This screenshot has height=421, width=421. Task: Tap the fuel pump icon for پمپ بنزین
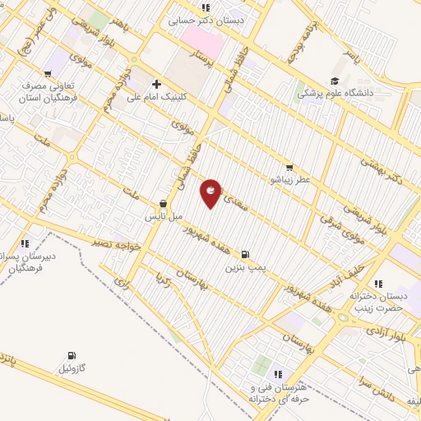(x=246, y=254)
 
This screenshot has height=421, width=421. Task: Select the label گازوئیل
(x=71, y=368)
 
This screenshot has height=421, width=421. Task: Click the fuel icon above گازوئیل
(x=71, y=355)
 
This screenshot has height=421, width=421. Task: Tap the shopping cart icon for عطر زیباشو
(x=288, y=165)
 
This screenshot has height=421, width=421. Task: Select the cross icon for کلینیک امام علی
(x=156, y=83)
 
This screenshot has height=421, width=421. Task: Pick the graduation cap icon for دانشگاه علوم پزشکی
(x=334, y=81)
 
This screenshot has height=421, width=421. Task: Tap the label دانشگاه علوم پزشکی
(x=335, y=94)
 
